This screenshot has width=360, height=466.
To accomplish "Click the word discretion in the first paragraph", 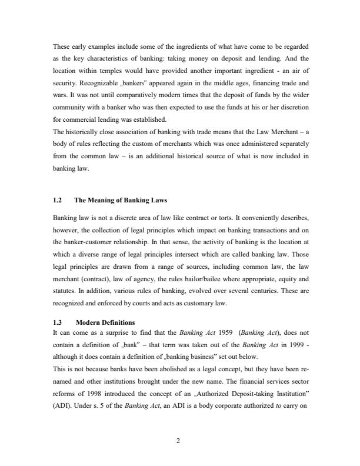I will (291, 102).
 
